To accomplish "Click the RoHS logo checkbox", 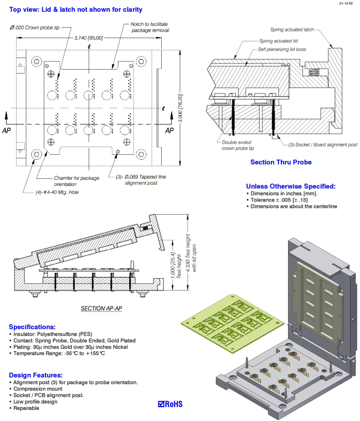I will (162, 404).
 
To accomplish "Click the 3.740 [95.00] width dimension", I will (89, 38).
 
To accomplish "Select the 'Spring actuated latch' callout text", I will (293, 29).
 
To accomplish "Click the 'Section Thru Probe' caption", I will (281, 162).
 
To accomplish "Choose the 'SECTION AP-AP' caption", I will (102, 308).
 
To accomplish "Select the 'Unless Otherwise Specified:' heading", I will (291, 186).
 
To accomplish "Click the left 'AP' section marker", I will (7, 131).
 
